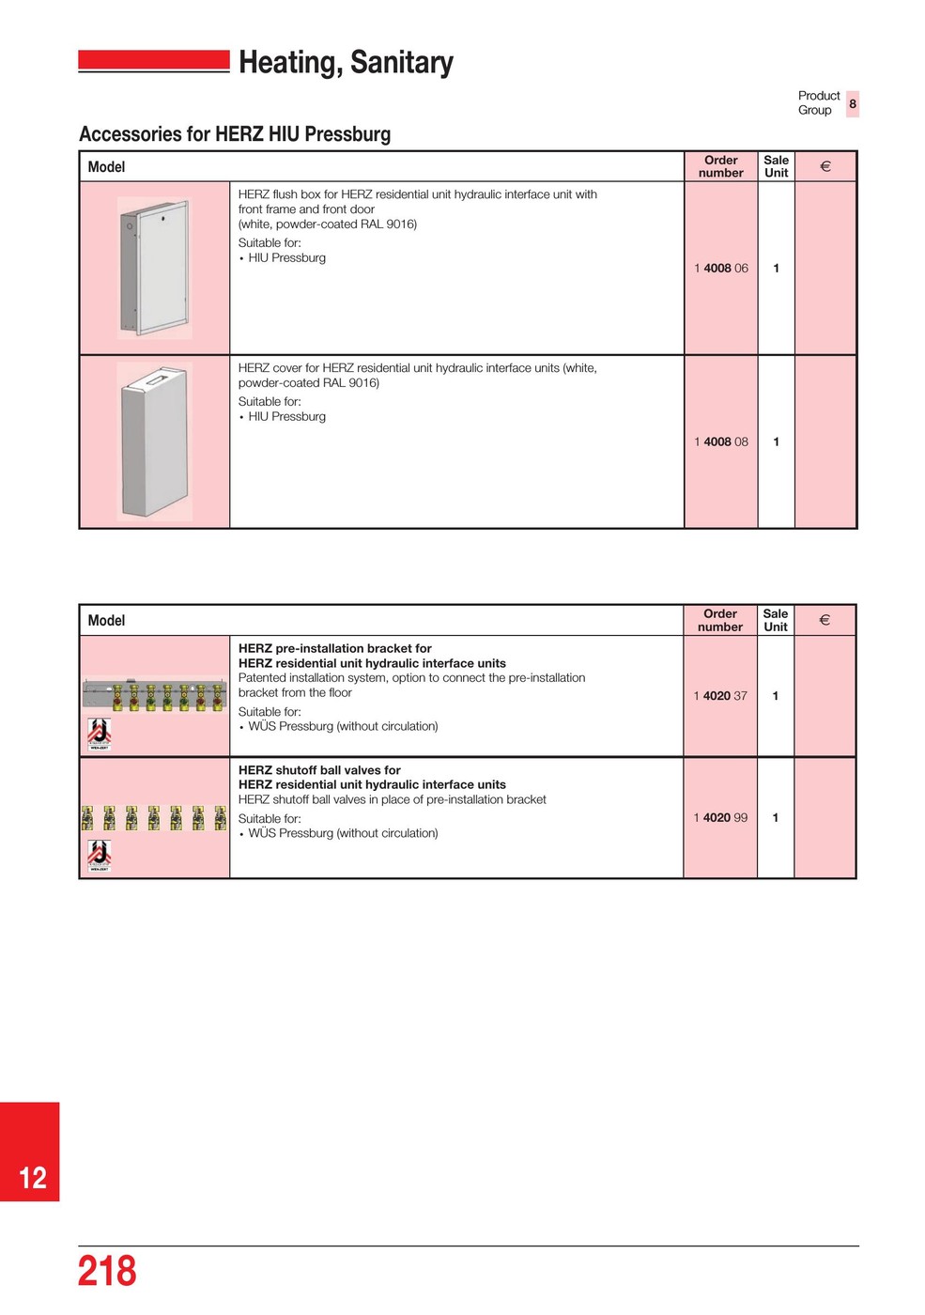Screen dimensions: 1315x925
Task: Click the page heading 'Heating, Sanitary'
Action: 346,62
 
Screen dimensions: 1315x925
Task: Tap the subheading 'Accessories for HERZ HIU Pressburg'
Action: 235,134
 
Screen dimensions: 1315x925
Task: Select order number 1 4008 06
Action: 721,269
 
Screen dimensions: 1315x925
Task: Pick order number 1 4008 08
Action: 721,442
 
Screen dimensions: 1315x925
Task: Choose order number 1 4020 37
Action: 720,696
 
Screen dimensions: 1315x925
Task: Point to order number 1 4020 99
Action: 720,818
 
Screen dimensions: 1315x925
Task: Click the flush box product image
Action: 155,268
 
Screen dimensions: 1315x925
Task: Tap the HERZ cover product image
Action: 155,441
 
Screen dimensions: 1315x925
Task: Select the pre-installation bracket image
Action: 155,695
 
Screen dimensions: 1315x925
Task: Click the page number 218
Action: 107,1271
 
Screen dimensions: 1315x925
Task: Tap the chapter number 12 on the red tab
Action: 33,1178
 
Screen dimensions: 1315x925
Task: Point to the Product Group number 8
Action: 853,103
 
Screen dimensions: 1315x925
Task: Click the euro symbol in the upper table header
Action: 825,166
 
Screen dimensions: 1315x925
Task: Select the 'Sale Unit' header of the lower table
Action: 776,621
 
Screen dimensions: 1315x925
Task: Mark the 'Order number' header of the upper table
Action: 721,166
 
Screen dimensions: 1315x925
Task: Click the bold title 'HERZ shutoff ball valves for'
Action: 319,770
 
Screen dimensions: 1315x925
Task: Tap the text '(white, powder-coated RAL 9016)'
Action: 328,224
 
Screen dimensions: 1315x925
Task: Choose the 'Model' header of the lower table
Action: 106,621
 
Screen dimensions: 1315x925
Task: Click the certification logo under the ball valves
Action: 100,856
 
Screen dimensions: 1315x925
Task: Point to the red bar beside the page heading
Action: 154,61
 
